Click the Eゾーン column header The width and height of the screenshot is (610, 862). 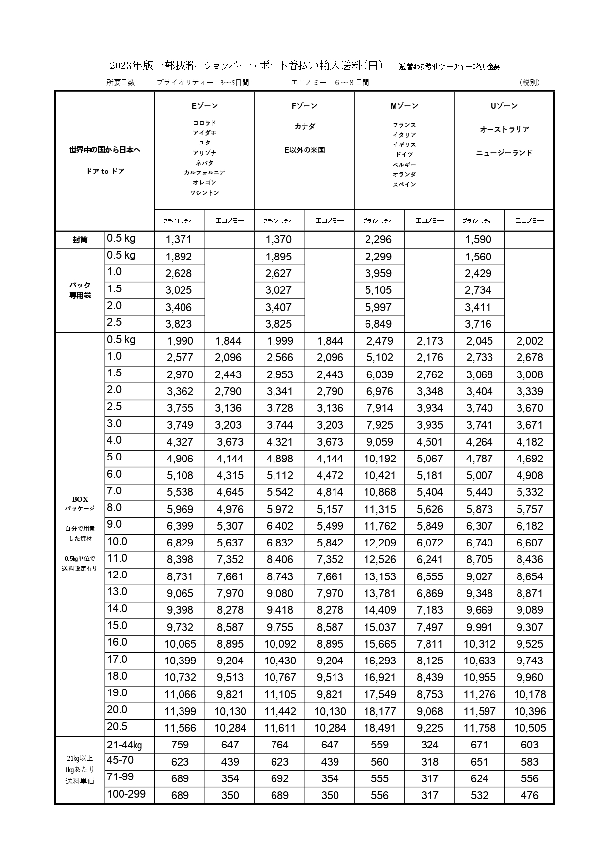tap(205, 106)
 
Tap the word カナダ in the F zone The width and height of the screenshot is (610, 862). tap(305, 126)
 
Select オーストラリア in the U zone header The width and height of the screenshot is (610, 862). tap(504, 129)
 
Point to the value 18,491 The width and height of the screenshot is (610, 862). tap(379, 728)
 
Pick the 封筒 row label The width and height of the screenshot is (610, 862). tap(80, 240)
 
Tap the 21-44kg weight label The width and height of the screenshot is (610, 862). tap(124, 745)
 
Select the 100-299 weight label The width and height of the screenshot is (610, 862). tap(126, 794)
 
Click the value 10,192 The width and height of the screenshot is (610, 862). tap(379, 459)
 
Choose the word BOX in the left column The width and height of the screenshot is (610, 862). tap(80, 499)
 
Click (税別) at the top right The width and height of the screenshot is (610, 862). tap(529, 82)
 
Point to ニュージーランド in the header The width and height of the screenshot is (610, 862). tap(504, 153)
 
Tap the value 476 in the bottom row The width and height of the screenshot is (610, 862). tap(529, 795)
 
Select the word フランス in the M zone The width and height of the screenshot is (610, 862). tap(404, 125)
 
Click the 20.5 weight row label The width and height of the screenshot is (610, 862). tap(117, 726)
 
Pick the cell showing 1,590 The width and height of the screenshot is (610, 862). tap(478, 240)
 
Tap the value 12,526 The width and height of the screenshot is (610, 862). tap(379, 559)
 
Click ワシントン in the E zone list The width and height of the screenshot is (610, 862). tap(205, 193)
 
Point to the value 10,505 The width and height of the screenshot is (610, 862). tap(529, 728)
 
